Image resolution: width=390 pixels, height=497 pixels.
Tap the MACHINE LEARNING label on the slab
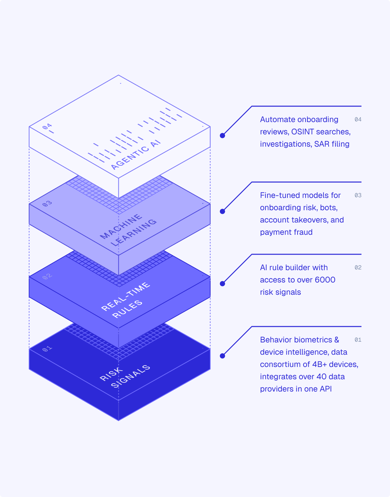[129, 230]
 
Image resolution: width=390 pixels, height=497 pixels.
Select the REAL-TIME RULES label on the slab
[126, 301]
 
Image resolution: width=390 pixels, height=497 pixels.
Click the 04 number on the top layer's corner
[47, 127]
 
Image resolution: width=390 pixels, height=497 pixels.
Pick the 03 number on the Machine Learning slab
[47, 204]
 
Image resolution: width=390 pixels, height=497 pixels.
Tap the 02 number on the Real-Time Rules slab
[47, 277]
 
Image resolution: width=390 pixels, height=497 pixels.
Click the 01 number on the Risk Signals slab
[47, 349]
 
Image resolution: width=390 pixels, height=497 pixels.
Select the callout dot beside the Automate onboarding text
[222, 135]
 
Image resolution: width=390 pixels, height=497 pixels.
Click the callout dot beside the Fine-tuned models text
[222, 211]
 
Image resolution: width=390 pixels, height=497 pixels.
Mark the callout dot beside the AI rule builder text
[222, 284]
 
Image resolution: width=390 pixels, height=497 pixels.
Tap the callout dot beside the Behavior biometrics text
[222, 356]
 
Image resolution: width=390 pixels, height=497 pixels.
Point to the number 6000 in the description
[325, 280]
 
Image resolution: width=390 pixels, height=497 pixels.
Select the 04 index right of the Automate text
[358, 120]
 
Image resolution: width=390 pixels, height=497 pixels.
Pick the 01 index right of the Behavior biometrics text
[358, 340]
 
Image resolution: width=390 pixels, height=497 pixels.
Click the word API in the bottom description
[325, 389]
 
